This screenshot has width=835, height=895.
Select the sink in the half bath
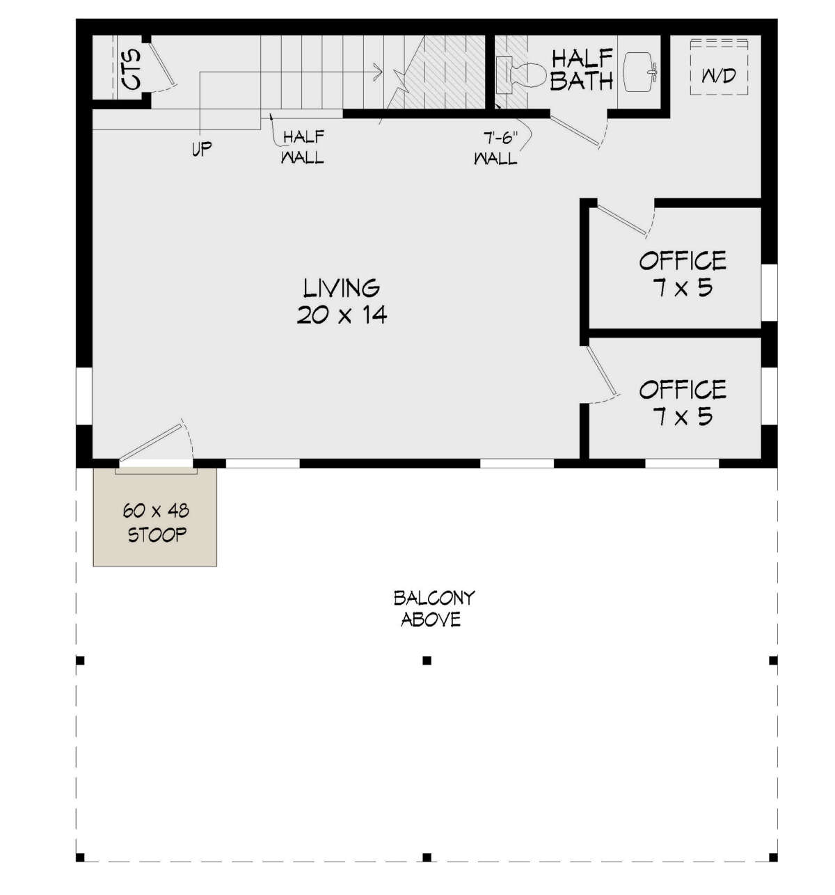(x=639, y=72)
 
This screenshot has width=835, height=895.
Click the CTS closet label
(x=131, y=68)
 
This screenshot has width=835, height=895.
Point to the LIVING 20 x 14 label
(x=341, y=301)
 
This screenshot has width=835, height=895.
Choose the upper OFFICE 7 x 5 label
(x=682, y=274)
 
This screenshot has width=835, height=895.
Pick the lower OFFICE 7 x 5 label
(x=682, y=403)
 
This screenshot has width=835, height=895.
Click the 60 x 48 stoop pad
(x=155, y=523)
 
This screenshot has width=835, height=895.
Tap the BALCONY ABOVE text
(x=433, y=608)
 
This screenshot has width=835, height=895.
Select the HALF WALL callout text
(x=303, y=147)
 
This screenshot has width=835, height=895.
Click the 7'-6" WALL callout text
(x=495, y=148)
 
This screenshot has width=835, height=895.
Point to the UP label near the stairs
(x=202, y=149)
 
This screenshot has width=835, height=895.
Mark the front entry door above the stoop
(x=154, y=443)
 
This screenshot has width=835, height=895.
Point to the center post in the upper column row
(x=427, y=660)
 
